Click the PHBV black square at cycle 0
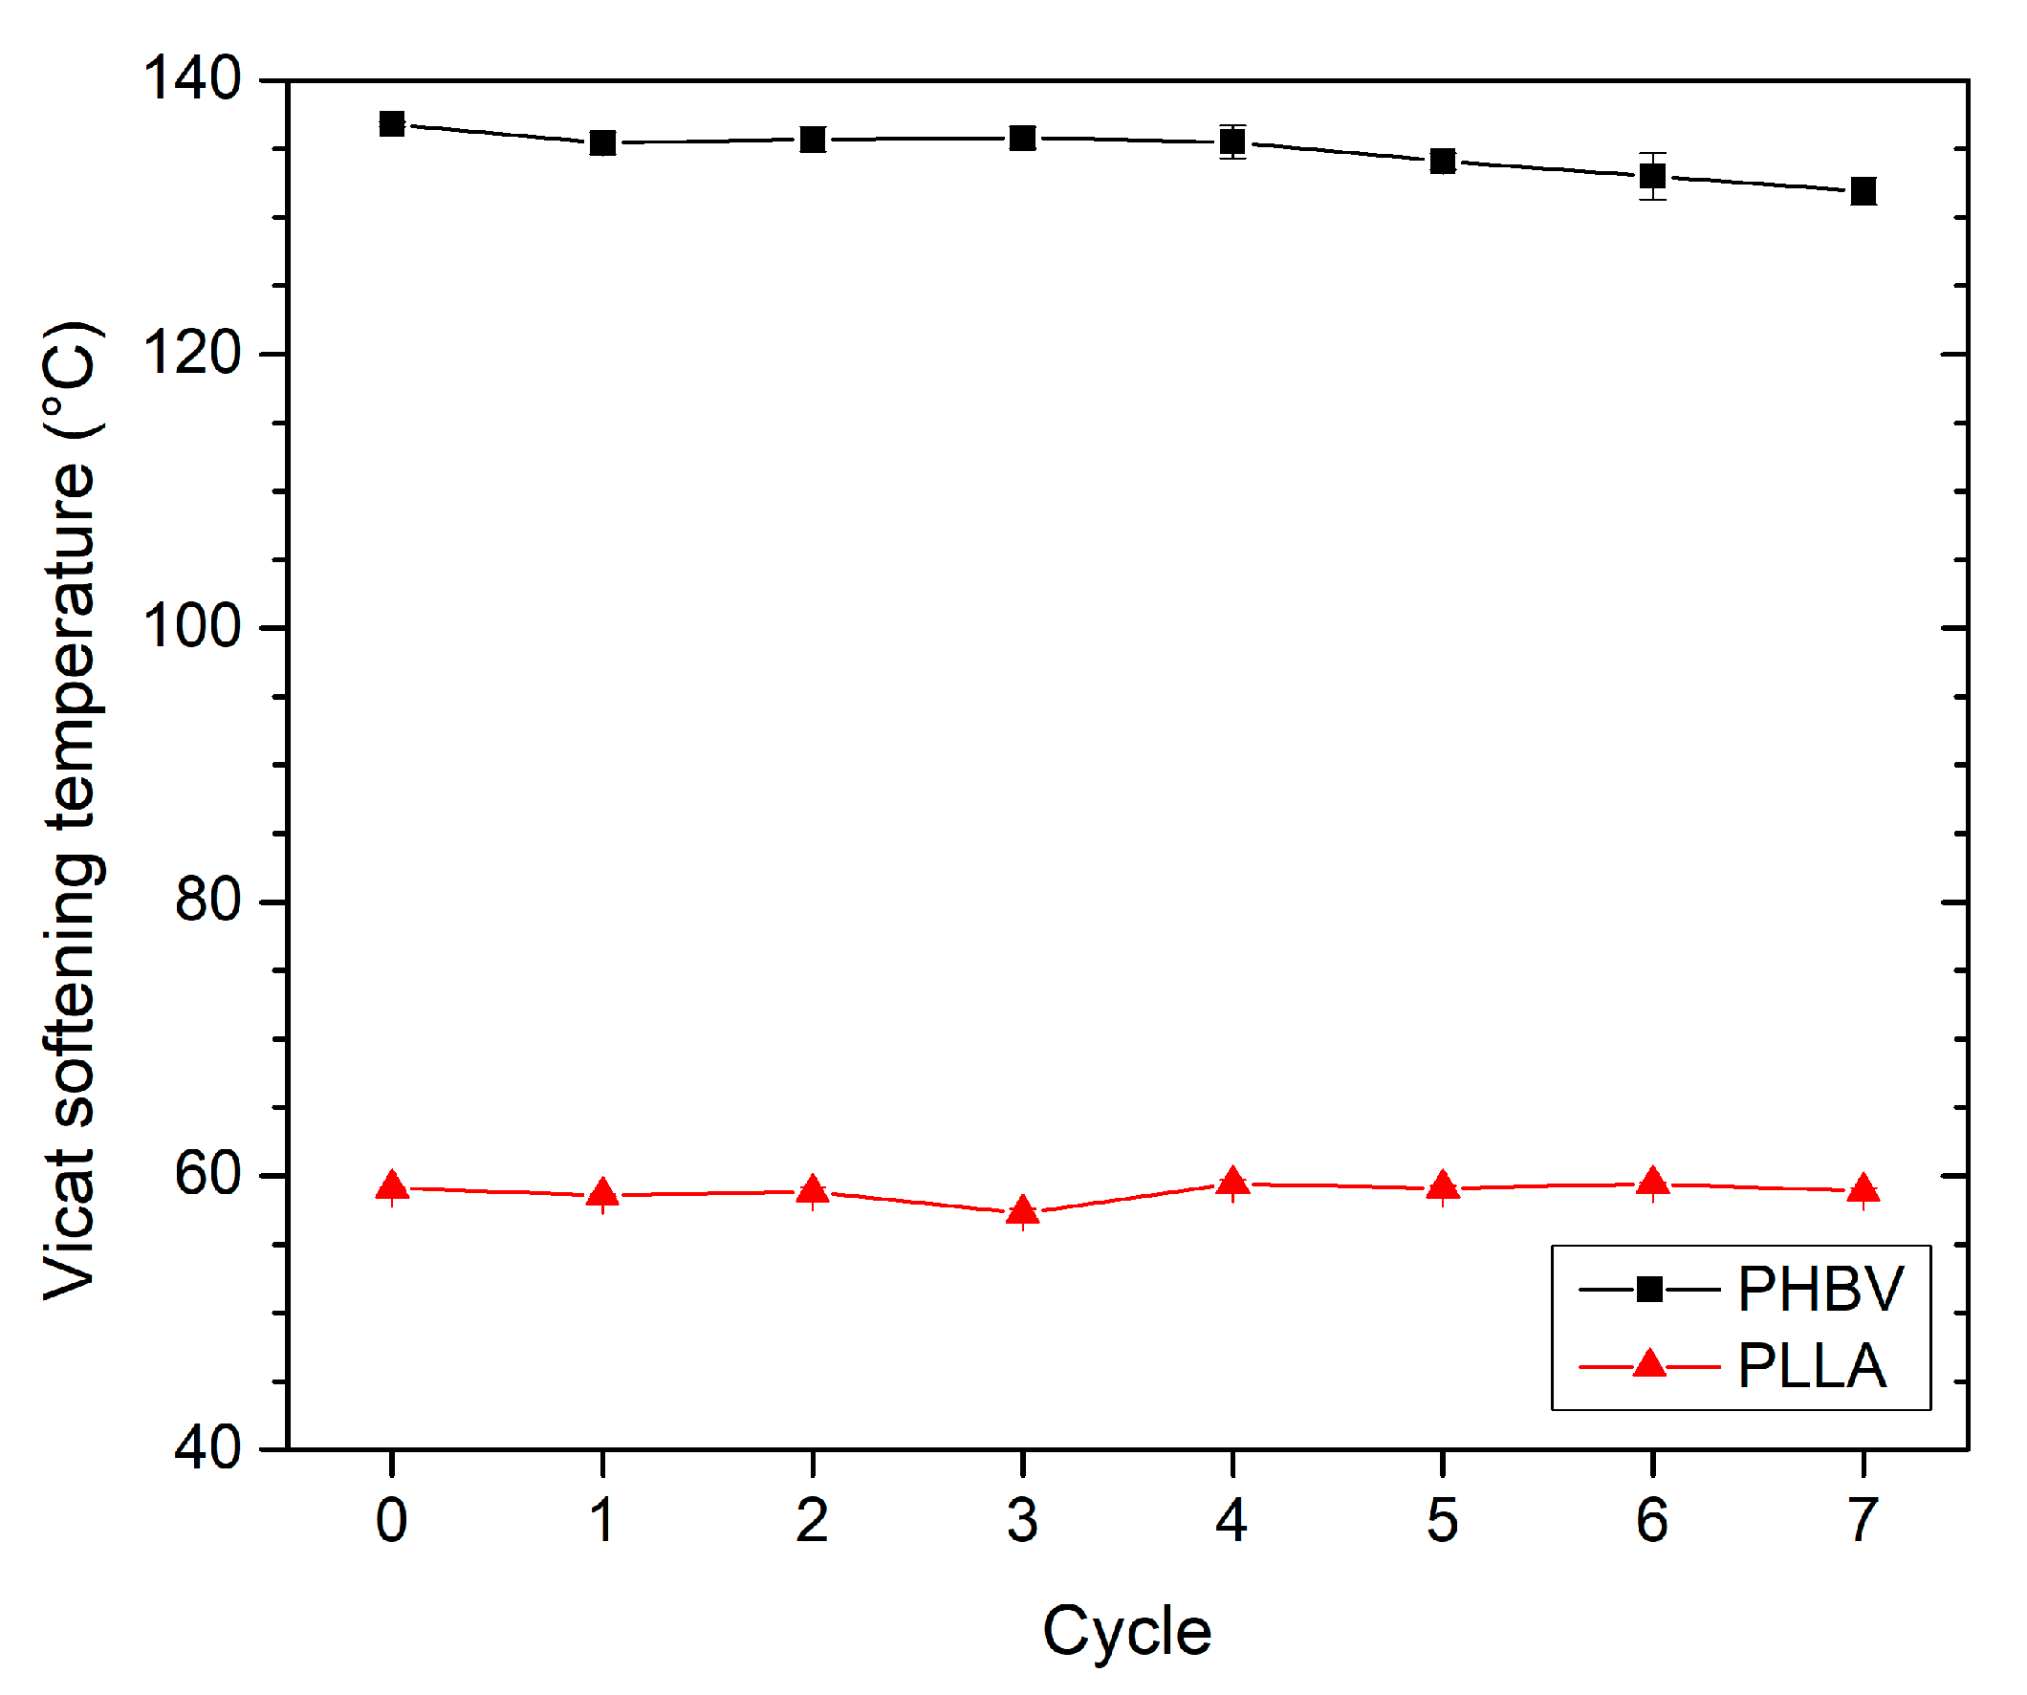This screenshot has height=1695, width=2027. tap(392, 123)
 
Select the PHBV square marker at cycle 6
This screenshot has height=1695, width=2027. tap(1652, 177)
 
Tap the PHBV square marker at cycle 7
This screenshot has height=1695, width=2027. tap(1863, 191)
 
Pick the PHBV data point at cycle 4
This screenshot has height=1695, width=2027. tap(1232, 141)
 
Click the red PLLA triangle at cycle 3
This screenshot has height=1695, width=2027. tap(1022, 1210)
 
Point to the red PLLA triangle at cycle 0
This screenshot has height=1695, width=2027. tap(392, 1186)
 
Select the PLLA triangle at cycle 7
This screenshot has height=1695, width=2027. tap(1863, 1189)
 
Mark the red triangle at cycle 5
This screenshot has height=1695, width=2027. tap(1442, 1186)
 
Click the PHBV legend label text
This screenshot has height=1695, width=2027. tap(1820, 1289)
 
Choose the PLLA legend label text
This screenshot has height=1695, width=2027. tap(1812, 1367)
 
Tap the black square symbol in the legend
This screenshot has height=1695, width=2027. tap(1649, 1289)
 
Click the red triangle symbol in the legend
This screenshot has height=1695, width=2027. tap(1649, 1365)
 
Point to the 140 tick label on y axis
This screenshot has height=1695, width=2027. tap(192, 78)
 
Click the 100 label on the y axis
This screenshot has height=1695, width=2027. tap(192, 626)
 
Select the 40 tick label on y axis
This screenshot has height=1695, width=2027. tap(207, 1448)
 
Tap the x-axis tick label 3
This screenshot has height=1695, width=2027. tap(1022, 1521)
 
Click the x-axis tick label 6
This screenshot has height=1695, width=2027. tap(1652, 1521)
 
